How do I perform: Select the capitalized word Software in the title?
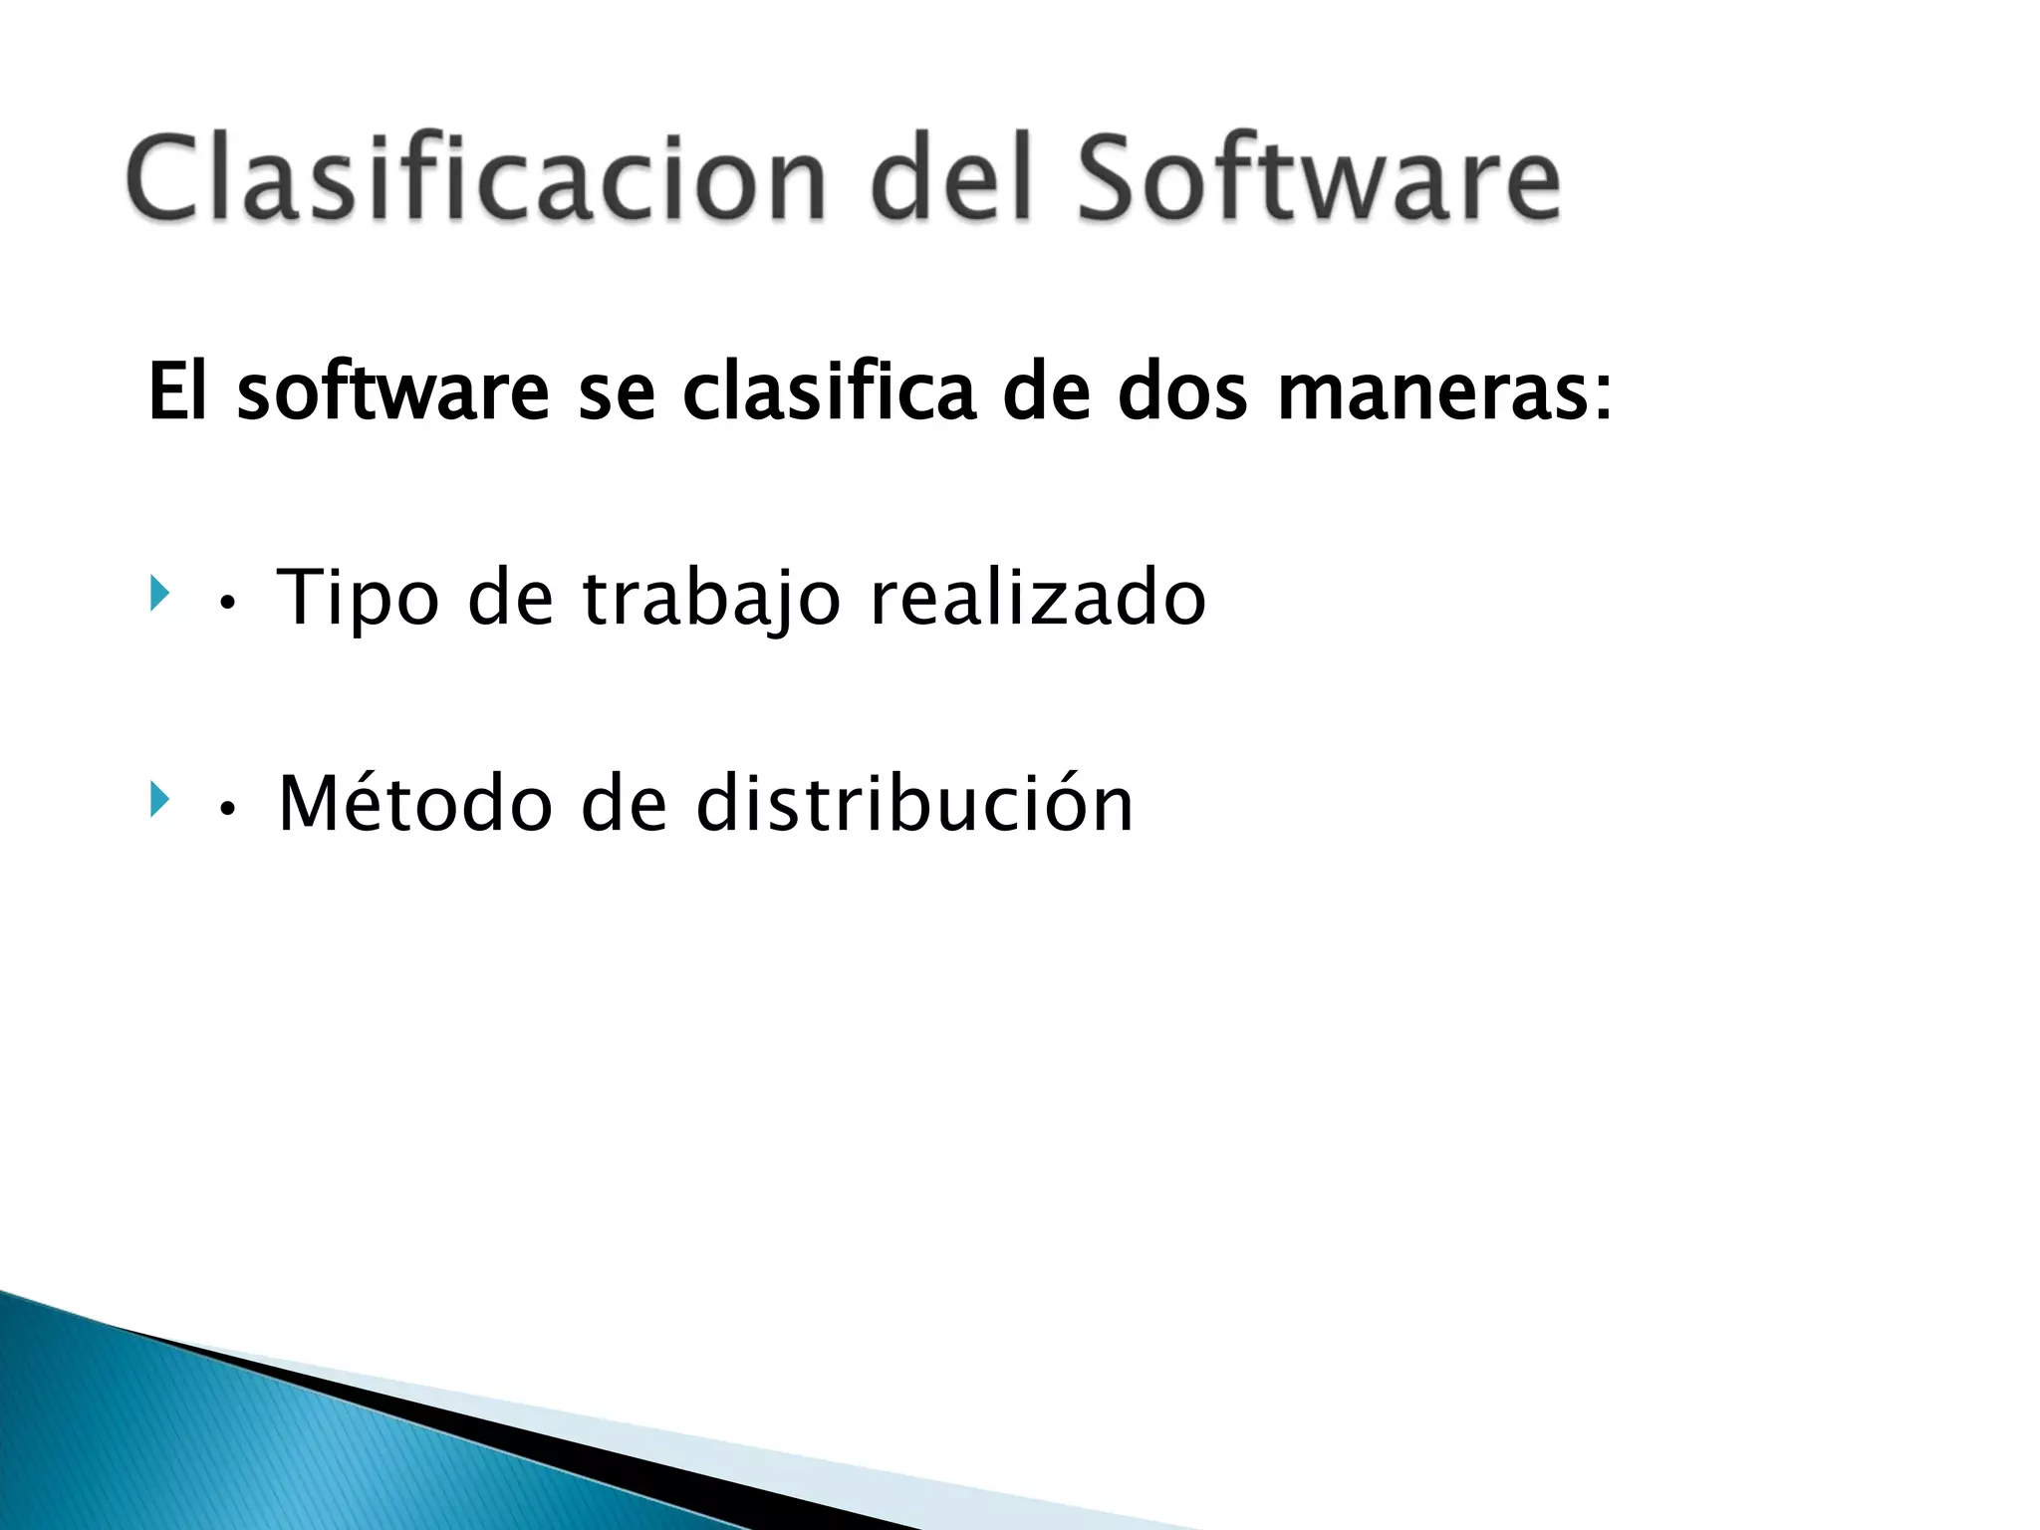1319,179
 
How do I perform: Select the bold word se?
617,393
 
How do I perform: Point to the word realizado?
1038,598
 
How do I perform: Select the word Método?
415,803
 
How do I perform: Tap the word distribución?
914,803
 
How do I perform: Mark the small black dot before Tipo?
228,604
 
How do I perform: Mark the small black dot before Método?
228,810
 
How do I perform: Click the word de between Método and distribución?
624,803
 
